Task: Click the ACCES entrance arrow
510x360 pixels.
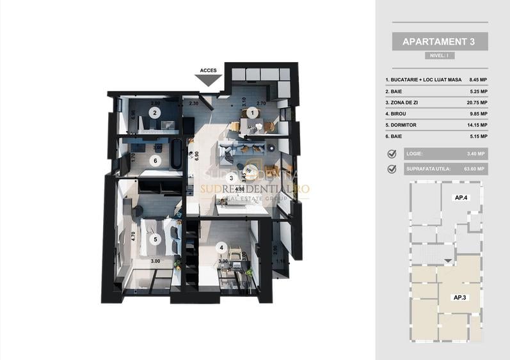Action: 208,79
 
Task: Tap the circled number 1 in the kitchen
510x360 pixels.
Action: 251,113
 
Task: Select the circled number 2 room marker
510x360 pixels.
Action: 154,113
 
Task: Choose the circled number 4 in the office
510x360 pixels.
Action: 221,247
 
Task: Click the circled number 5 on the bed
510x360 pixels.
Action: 154,240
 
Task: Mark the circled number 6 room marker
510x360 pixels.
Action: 154,161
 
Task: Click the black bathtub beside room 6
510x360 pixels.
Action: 177,155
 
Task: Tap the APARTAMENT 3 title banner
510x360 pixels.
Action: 440,42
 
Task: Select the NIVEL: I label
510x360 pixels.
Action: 440,56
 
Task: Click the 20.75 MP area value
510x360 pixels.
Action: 477,102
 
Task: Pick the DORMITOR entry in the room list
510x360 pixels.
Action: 402,125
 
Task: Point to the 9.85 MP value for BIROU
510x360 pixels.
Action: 477,114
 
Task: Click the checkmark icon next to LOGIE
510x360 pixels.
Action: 392,153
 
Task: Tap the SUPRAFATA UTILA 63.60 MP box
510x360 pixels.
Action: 445,169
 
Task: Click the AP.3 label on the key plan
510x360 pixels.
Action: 459,298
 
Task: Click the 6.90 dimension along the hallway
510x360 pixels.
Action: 190,154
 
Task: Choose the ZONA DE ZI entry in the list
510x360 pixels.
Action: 404,102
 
